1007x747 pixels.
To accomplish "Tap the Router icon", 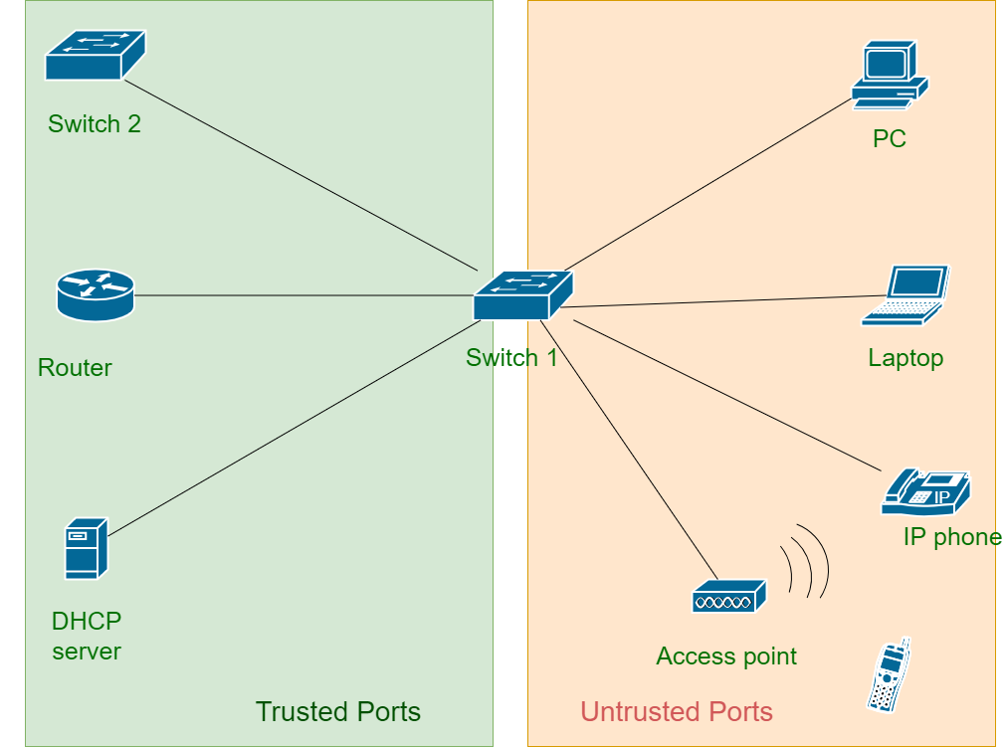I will coord(95,295).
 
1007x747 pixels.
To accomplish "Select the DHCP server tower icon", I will coord(86,549).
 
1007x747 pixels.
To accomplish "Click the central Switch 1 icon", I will coord(522,295).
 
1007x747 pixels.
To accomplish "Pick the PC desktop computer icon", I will coord(889,75).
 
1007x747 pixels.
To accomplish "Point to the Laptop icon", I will coord(906,295).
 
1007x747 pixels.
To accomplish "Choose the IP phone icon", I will coord(925,491).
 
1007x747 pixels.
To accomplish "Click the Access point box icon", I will coord(728,597).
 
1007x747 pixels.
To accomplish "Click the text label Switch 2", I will coord(95,124).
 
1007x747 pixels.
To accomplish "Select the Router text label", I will coord(75,368).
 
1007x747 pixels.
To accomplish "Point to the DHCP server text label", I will coord(87,637).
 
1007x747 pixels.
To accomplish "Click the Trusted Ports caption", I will coord(338,712).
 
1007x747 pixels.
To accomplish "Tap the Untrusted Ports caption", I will coord(677,712).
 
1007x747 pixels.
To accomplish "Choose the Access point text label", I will coord(726,656).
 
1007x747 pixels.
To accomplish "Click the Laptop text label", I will coord(906,358).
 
